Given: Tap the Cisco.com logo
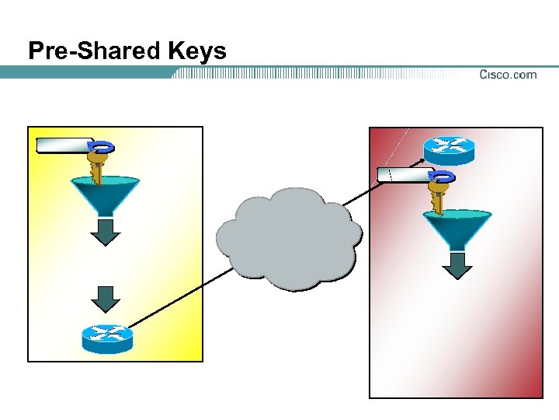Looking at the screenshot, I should [x=508, y=75].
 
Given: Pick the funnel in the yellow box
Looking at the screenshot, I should [x=106, y=194].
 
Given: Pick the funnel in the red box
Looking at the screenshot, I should [x=457, y=227].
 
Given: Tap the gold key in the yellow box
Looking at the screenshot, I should [x=98, y=166].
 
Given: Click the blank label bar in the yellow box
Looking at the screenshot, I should [x=64, y=145].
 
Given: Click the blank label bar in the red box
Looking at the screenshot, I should [x=404, y=174].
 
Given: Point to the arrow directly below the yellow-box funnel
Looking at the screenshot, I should [x=106, y=232].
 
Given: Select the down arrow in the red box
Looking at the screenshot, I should [x=457, y=265].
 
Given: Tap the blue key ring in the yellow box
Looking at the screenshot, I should [x=103, y=146].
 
